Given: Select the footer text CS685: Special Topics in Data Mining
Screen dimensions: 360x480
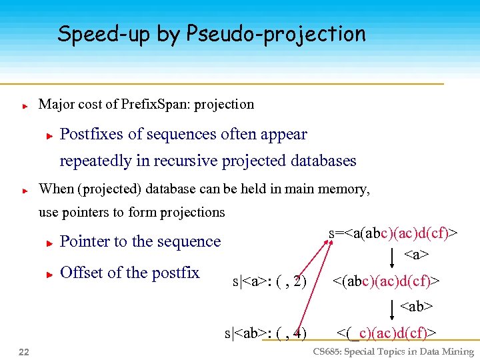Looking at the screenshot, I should pyautogui.click(x=393, y=352).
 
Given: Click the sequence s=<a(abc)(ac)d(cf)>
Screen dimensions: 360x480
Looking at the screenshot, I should pyautogui.click(x=393, y=233).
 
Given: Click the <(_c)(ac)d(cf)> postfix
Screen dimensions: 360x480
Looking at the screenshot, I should pyautogui.click(x=387, y=332).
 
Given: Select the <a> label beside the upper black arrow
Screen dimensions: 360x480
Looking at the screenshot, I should pyautogui.click(x=416, y=255).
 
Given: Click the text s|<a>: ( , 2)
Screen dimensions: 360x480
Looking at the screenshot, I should pyautogui.click(x=269, y=282).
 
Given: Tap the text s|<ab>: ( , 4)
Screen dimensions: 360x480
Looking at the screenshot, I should pyautogui.click(x=265, y=332).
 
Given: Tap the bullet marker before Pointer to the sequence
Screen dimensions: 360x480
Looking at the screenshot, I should pyautogui.click(x=49, y=243).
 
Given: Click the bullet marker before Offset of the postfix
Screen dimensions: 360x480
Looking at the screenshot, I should pyautogui.click(x=49, y=273).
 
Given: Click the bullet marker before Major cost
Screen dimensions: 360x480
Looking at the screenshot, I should pyautogui.click(x=24, y=105).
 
